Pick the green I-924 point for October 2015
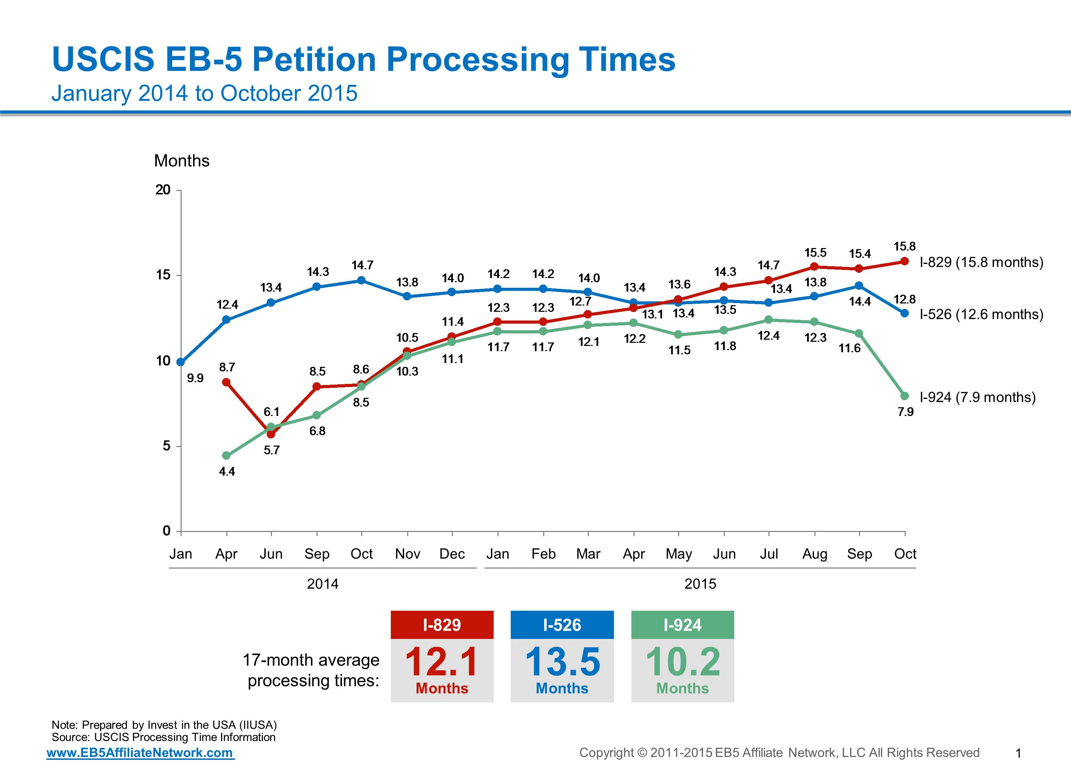(904, 396)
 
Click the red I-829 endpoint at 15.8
(904, 261)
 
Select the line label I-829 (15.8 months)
(981, 262)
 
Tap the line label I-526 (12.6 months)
(981, 314)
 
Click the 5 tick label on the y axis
(166, 446)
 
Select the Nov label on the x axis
(407, 554)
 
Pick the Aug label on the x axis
(814, 554)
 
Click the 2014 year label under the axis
(322, 584)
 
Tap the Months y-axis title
(181, 161)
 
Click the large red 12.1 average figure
(442, 662)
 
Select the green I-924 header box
(682, 625)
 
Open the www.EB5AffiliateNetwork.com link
(140, 752)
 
